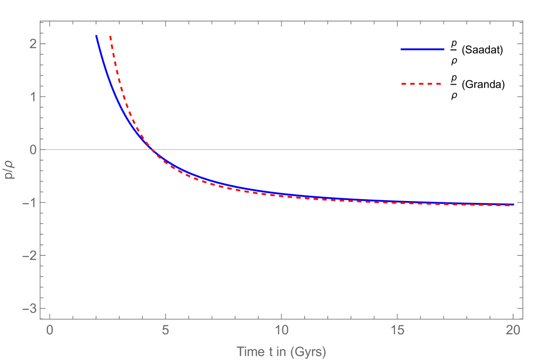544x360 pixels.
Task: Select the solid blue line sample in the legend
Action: coord(422,49)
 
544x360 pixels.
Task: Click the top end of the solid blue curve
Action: coord(96,36)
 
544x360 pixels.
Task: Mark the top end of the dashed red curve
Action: coord(110,36)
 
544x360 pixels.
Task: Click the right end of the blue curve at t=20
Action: coord(513,204)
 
